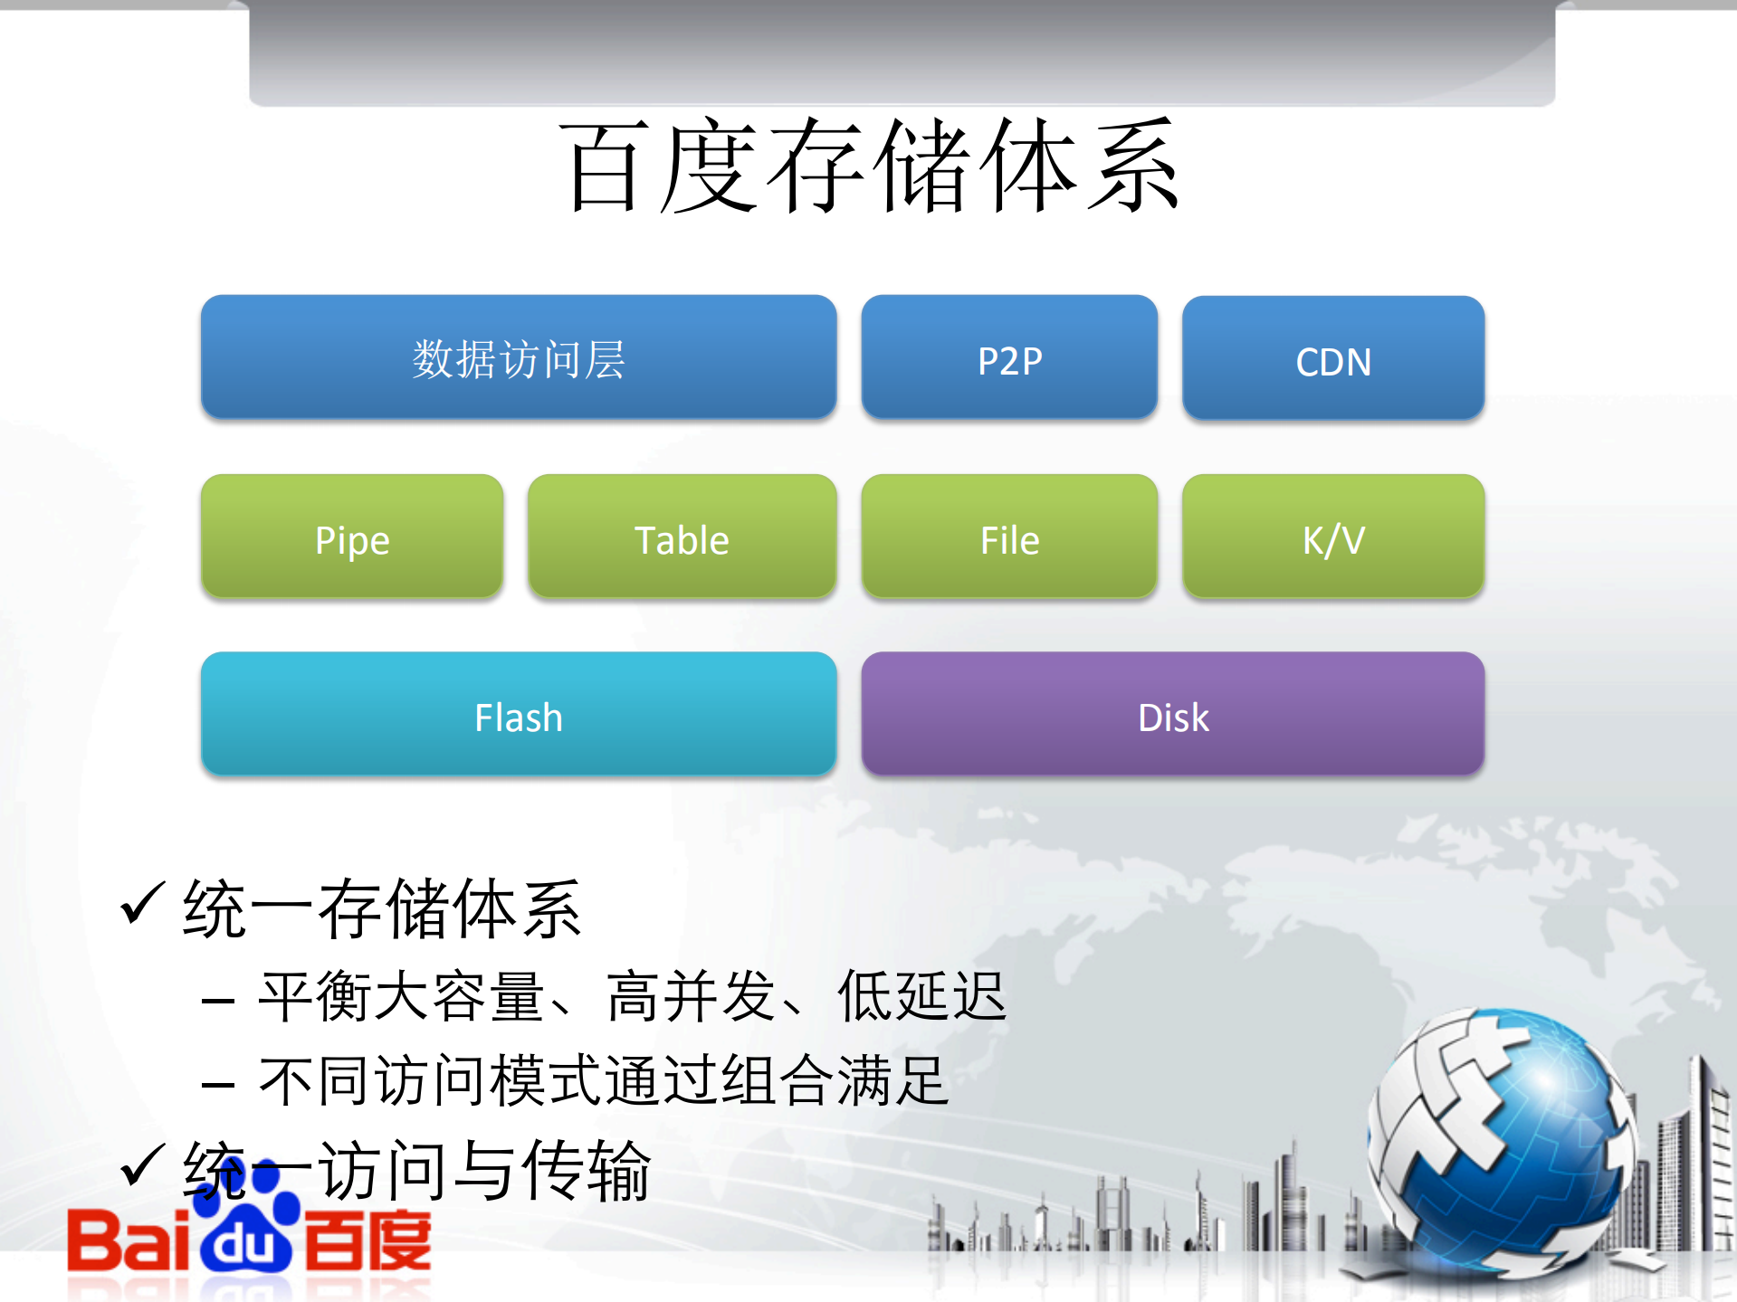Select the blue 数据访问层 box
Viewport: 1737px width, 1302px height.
[518, 358]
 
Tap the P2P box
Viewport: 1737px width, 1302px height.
[1009, 358]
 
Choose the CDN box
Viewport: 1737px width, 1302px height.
[1332, 359]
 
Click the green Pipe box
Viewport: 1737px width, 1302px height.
[352, 537]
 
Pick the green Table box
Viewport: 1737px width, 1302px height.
[682, 537]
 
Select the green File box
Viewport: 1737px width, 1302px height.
[1009, 537]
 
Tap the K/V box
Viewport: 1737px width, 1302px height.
[1332, 537]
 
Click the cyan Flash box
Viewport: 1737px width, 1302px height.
[518, 715]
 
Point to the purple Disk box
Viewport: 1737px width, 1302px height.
[1172, 715]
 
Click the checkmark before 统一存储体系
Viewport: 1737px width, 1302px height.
[142, 904]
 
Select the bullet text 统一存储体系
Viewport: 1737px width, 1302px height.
[381, 908]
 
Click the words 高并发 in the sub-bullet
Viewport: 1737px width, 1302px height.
[691, 996]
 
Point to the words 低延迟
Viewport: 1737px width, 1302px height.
[921, 996]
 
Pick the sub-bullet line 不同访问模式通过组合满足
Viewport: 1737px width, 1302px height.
[604, 1081]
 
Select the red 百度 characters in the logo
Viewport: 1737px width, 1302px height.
[367, 1241]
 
